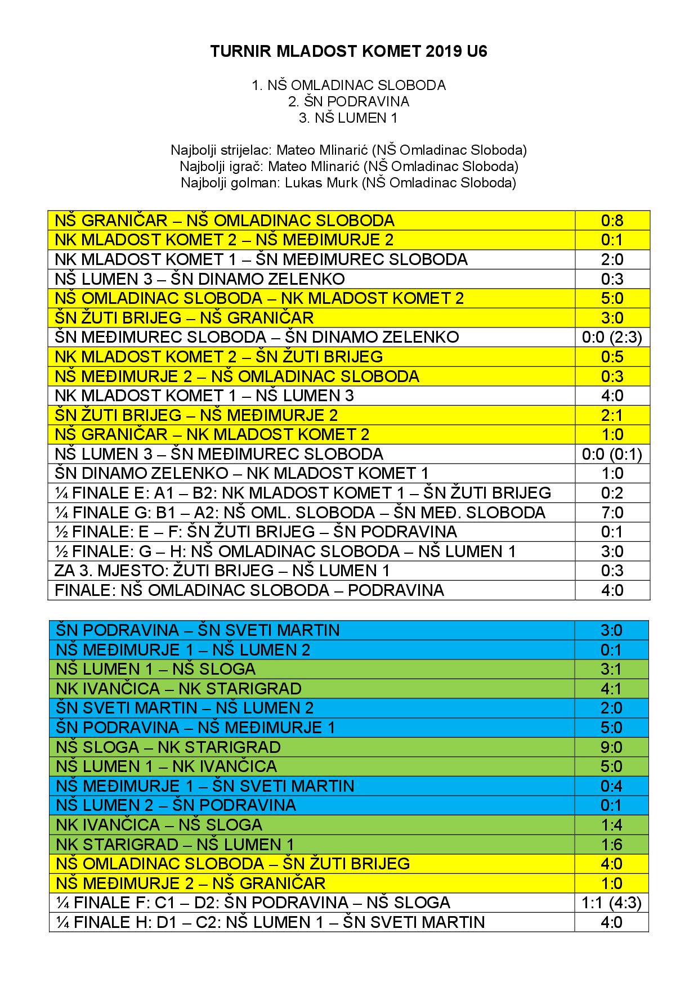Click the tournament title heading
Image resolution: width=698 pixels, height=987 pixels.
tap(348, 52)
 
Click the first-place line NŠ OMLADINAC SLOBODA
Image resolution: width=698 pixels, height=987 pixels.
tap(348, 85)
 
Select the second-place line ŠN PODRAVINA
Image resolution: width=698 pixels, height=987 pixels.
tap(348, 101)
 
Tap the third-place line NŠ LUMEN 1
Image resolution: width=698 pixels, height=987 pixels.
tap(348, 118)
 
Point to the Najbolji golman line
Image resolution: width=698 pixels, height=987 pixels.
tap(348, 183)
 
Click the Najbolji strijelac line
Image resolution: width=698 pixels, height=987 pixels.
tap(348, 150)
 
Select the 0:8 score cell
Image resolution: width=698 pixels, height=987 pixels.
tap(612, 221)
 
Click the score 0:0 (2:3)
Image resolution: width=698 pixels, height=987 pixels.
tap(612, 337)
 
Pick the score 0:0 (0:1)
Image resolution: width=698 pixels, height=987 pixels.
tap(612, 454)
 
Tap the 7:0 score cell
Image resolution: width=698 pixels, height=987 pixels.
tap(612, 513)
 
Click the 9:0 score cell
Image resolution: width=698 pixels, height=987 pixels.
tap(611, 747)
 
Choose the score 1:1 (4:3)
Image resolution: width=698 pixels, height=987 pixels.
tap(611, 903)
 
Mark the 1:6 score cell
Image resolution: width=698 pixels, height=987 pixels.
tap(611, 845)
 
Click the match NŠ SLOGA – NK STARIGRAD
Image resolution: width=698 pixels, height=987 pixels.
tap(168, 747)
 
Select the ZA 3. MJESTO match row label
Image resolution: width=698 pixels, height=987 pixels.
tap(222, 571)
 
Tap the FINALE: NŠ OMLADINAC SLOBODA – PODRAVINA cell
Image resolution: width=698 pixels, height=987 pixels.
tap(249, 590)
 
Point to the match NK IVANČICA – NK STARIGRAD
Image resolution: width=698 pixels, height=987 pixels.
tap(179, 689)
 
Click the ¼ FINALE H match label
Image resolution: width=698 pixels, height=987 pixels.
tap(270, 922)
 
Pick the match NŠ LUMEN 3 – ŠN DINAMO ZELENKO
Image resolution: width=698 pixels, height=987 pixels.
tap(200, 279)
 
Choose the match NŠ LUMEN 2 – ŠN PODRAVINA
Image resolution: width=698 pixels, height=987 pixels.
tap(176, 805)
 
